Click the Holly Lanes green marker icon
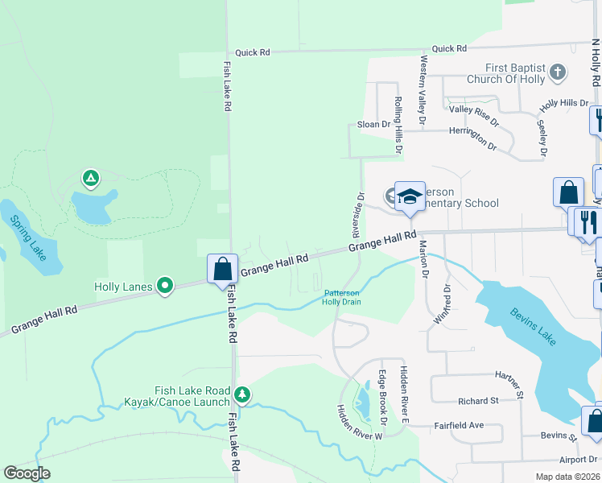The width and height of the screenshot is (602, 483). click(x=165, y=285)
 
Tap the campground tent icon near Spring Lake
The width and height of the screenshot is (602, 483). click(x=91, y=177)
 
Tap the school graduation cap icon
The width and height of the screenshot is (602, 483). click(x=410, y=196)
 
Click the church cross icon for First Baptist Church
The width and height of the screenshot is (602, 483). click(x=557, y=73)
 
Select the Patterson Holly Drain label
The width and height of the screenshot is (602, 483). click(x=342, y=297)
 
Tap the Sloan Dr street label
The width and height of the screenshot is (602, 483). click(x=373, y=125)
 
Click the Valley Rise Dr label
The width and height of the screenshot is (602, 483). click(x=474, y=114)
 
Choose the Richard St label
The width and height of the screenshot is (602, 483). click(x=478, y=400)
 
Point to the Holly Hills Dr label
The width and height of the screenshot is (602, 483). click(x=564, y=103)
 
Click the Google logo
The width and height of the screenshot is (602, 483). click(x=27, y=473)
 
